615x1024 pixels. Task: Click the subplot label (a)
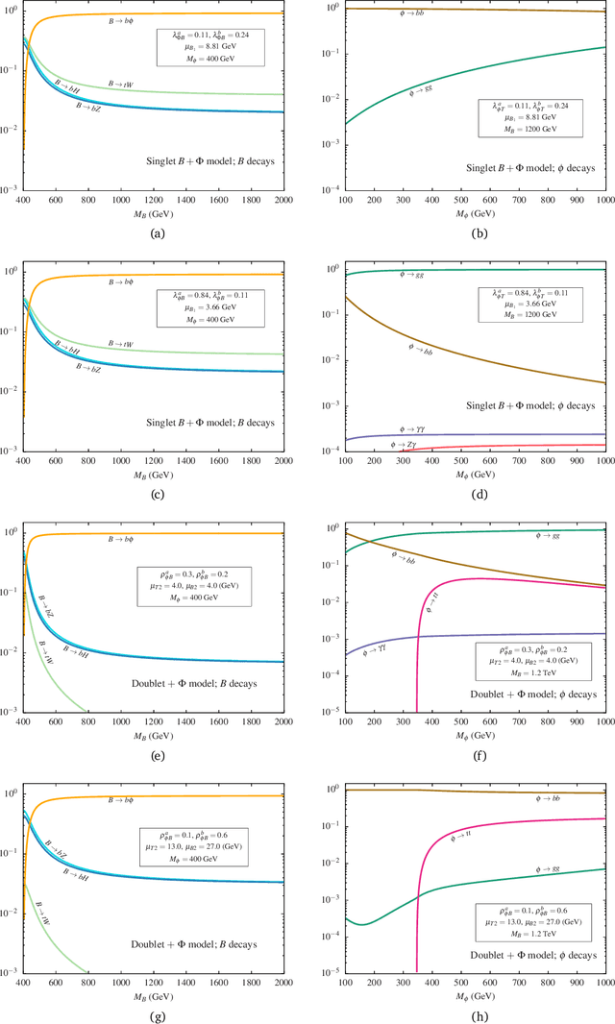coord(149,232)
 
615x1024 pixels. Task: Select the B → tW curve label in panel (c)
coord(122,343)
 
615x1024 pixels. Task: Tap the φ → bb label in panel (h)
coord(549,798)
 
